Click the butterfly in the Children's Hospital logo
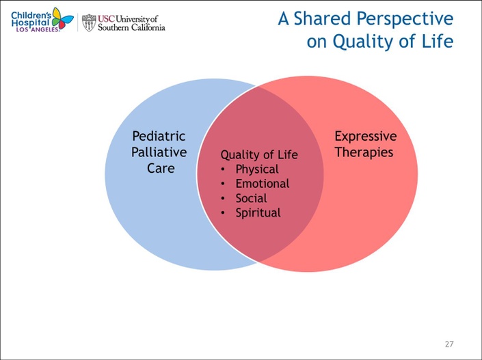[63, 18]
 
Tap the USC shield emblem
[89, 23]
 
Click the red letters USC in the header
[106, 18]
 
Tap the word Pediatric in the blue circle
[159, 136]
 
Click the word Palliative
[159, 152]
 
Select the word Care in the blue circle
[161, 168]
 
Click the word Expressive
[366, 137]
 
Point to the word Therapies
[364, 152]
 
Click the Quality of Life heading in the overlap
[259, 154]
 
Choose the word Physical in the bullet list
[257, 169]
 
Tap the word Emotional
[263, 183]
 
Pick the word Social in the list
[251, 198]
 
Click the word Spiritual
[258, 213]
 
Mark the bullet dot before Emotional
[223, 184]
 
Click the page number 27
[449, 344]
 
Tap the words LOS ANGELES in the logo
[37, 29]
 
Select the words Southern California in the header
[131, 27]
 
